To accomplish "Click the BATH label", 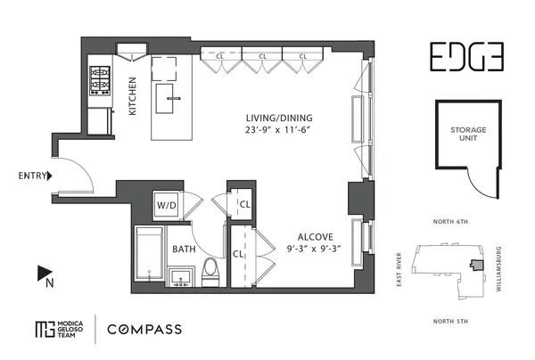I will point(184,249).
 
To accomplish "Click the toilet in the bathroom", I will point(212,269).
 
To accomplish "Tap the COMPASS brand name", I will point(144,329).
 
